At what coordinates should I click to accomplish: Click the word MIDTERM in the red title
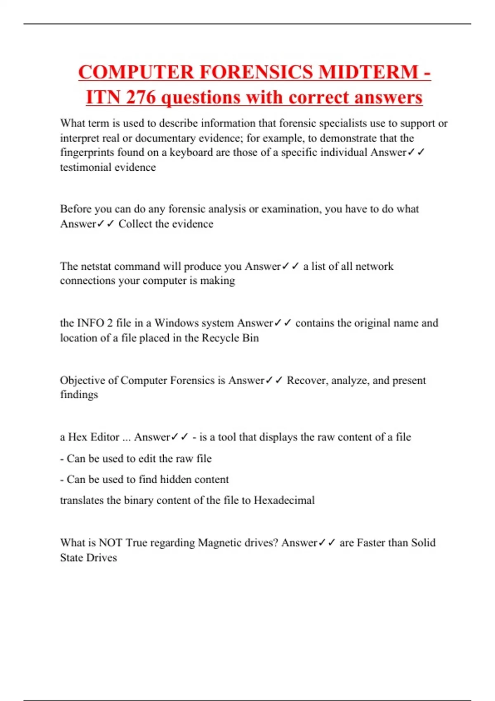pyautogui.click(x=368, y=72)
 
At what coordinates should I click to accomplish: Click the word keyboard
pyautogui.click(x=191, y=153)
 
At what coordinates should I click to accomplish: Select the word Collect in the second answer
pyautogui.click(x=134, y=224)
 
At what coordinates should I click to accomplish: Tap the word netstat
pyautogui.click(x=96, y=266)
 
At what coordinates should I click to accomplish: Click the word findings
pyautogui.click(x=79, y=395)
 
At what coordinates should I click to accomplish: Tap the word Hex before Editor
pyautogui.click(x=77, y=437)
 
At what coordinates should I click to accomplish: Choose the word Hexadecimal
pyautogui.click(x=284, y=501)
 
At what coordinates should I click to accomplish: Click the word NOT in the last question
pyautogui.click(x=111, y=543)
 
